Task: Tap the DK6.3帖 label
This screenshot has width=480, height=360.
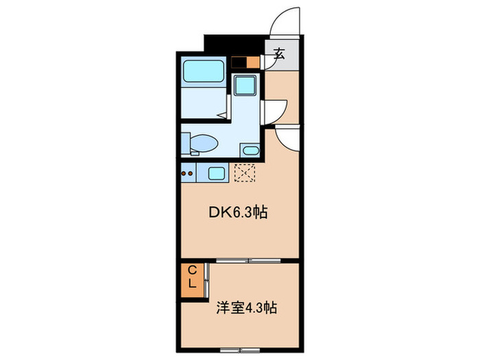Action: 238,213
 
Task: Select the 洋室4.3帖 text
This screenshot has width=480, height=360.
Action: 248,308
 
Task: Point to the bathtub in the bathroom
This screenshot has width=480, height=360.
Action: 203,71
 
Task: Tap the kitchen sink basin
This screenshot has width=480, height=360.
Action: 216,173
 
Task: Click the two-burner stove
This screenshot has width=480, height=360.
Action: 188,173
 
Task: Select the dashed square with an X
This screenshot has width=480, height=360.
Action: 245,173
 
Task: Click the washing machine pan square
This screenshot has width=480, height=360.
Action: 245,86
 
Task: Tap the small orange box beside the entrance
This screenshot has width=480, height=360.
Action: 253,62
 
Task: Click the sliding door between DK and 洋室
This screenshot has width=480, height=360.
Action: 248,261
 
